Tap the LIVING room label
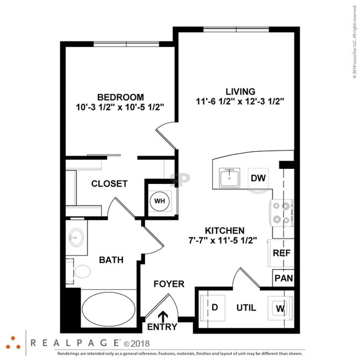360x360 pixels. point(240,91)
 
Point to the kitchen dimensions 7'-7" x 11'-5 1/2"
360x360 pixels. point(224,241)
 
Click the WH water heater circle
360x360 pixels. point(160,200)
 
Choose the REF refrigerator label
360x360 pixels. point(282,253)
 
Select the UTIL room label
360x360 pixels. point(246,307)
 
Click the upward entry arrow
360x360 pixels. point(163,317)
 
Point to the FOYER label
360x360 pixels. point(169,284)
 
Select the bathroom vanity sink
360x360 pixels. point(76,238)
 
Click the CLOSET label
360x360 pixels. point(109,184)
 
